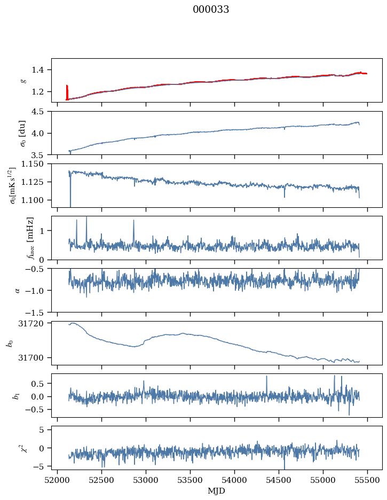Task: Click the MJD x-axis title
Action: (x=217, y=491)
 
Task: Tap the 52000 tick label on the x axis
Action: (x=58, y=480)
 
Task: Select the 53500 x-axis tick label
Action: (x=191, y=480)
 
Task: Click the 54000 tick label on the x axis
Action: (x=235, y=480)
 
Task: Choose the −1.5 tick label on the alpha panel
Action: (x=38, y=312)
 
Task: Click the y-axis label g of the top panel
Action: (x=23, y=81)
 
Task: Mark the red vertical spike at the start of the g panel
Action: (x=67, y=92)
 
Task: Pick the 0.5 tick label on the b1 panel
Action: (x=40, y=384)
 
